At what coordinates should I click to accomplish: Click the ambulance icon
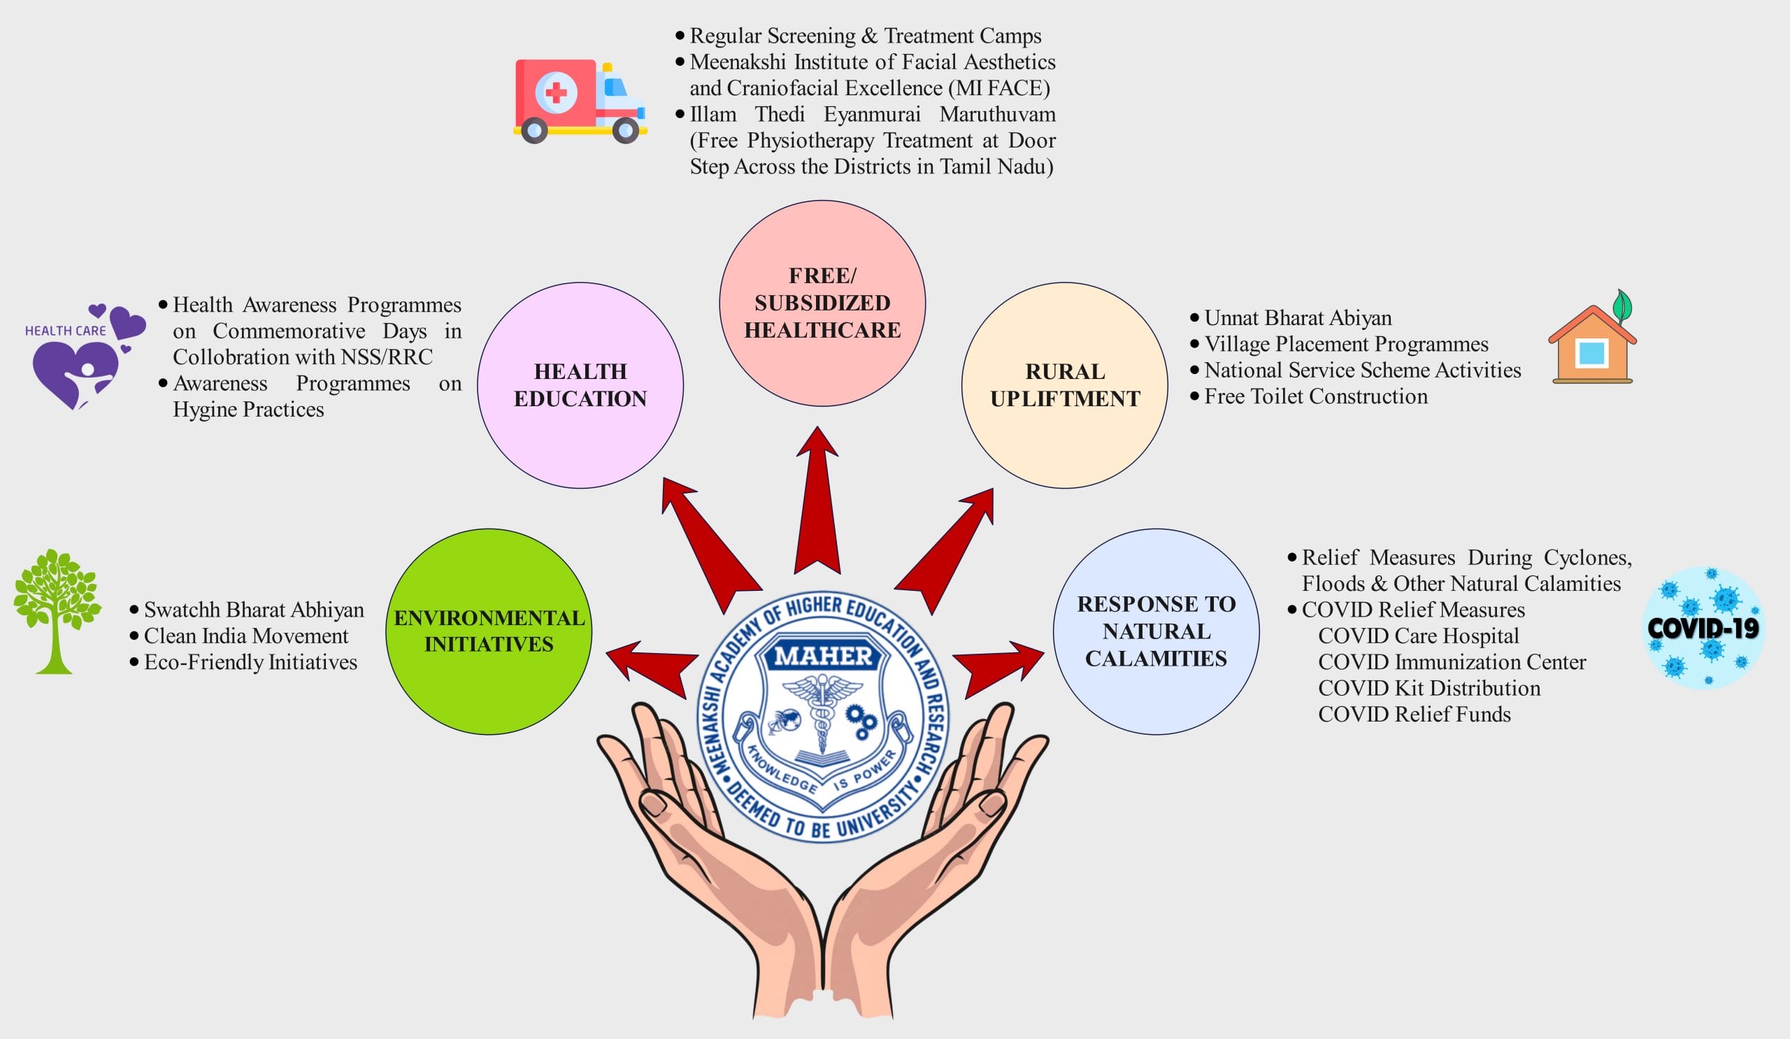580,100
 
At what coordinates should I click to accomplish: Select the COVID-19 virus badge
1703,628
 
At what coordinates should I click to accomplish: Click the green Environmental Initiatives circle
489,631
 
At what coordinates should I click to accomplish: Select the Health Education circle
580,386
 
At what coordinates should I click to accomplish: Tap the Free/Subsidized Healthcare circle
822,303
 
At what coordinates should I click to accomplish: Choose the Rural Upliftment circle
1064,386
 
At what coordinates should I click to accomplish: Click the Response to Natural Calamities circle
1156,631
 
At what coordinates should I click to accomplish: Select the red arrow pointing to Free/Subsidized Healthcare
817,504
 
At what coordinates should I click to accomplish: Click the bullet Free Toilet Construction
1315,396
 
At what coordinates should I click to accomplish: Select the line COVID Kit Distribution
1429,688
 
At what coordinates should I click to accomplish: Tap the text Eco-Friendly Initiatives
250,663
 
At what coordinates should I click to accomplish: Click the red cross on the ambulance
555,92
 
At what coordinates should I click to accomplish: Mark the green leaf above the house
1621,306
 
